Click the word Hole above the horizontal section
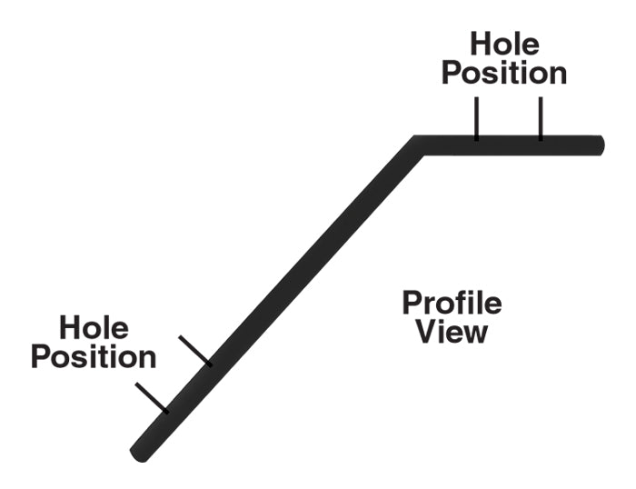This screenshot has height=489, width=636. click(504, 44)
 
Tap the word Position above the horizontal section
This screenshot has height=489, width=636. click(504, 73)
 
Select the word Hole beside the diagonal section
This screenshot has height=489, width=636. click(94, 327)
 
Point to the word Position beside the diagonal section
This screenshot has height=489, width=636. click(94, 356)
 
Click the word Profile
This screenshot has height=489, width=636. click(452, 303)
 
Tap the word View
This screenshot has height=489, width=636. click(452, 332)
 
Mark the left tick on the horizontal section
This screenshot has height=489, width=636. click(475, 119)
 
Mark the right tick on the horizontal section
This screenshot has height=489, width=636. click(541, 119)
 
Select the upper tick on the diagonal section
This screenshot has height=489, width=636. click(195, 351)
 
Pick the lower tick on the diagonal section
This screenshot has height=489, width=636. click(152, 397)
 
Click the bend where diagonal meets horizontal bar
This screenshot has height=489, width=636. click(418, 145)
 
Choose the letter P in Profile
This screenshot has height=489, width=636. click(412, 303)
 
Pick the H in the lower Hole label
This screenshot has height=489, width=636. click(70, 327)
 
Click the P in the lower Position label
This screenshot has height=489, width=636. click(41, 356)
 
